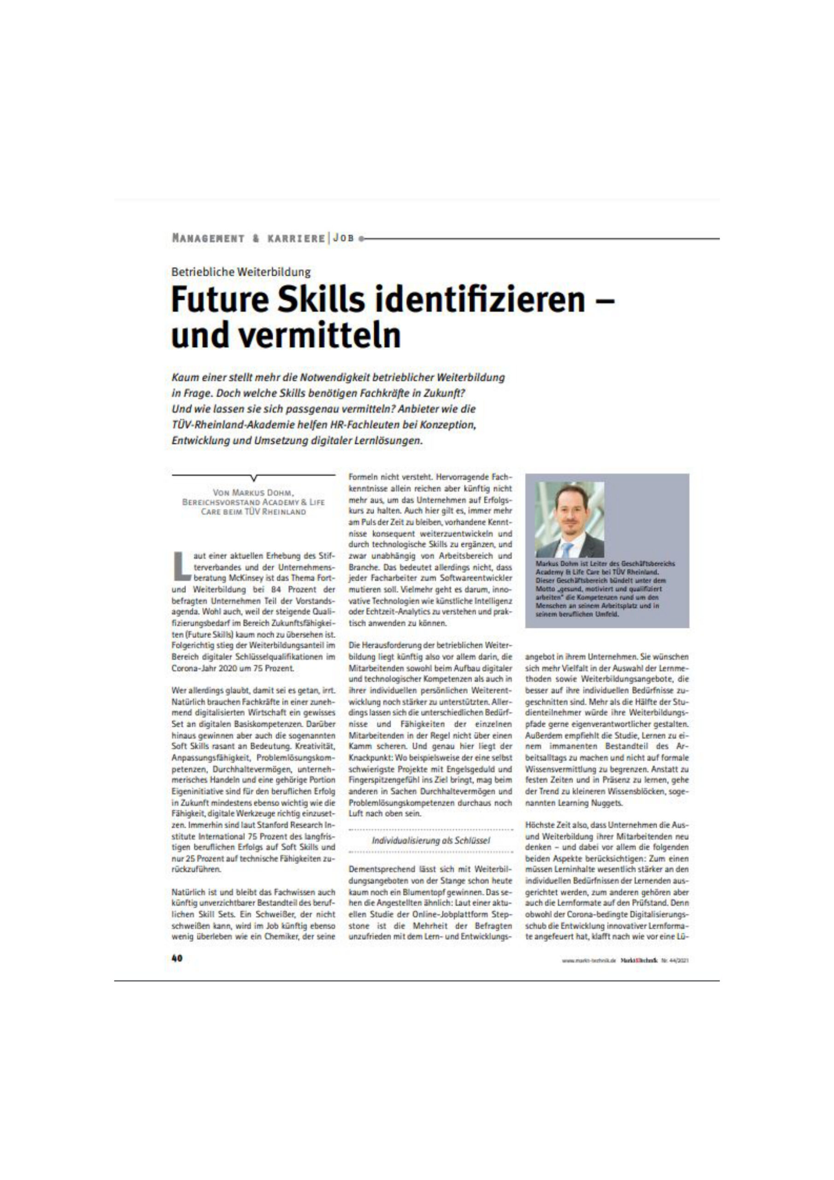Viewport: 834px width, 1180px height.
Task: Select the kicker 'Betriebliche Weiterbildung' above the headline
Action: click(x=241, y=272)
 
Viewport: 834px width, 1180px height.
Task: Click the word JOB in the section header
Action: click(x=343, y=239)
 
